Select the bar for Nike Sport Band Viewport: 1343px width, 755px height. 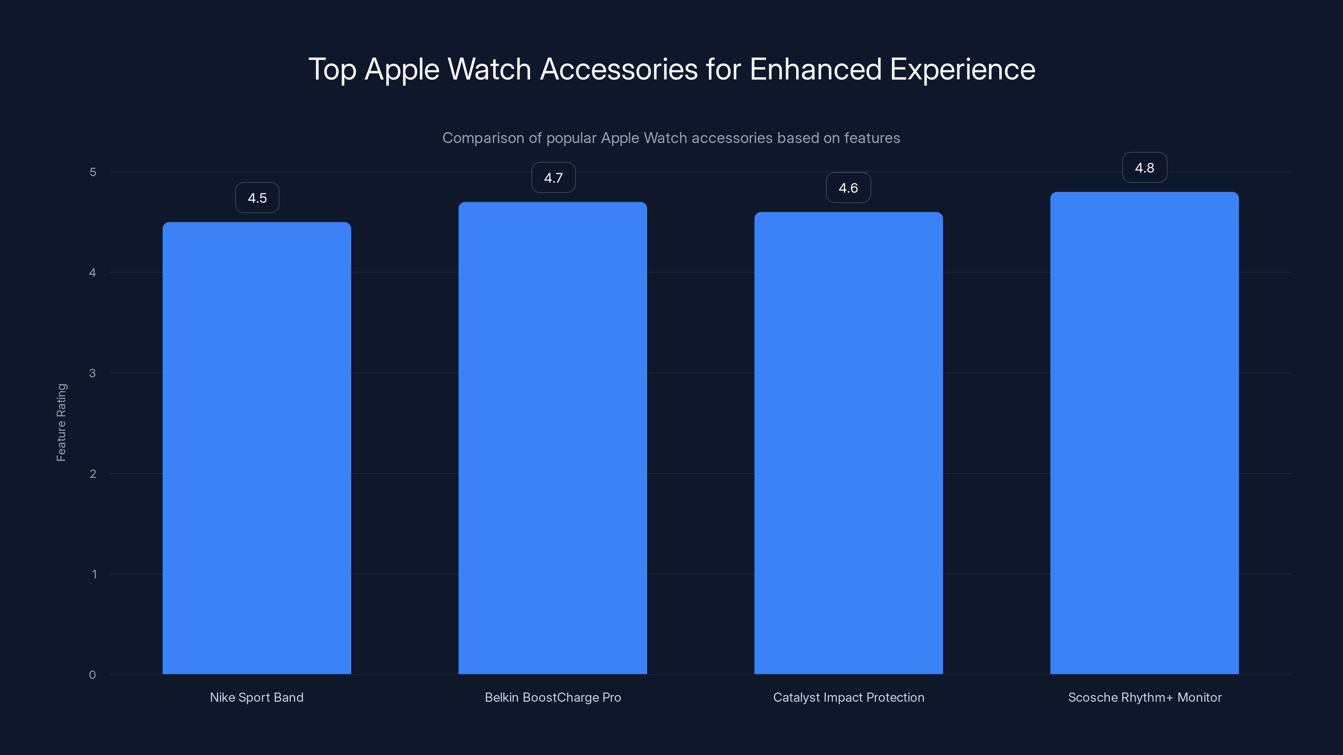(256, 448)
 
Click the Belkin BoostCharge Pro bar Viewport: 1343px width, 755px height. (553, 437)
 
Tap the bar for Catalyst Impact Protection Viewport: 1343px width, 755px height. (848, 443)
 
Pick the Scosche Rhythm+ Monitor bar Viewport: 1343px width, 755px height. (1144, 432)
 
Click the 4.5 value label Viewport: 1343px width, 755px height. (257, 198)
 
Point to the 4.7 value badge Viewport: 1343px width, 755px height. (553, 178)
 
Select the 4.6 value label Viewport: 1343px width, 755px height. (848, 187)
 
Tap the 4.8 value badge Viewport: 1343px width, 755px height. (1144, 168)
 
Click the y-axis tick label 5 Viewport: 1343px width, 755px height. (93, 172)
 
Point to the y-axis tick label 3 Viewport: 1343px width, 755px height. (92, 373)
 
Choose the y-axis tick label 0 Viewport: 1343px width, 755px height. (92, 675)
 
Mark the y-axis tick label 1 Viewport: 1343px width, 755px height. (94, 574)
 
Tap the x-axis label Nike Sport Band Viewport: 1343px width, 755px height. (256, 697)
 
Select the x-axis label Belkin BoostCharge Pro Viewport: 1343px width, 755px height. (553, 697)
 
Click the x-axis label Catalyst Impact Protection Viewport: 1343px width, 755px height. (848, 697)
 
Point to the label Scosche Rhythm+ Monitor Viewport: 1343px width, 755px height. (1144, 697)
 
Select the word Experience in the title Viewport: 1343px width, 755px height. (962, 69)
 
